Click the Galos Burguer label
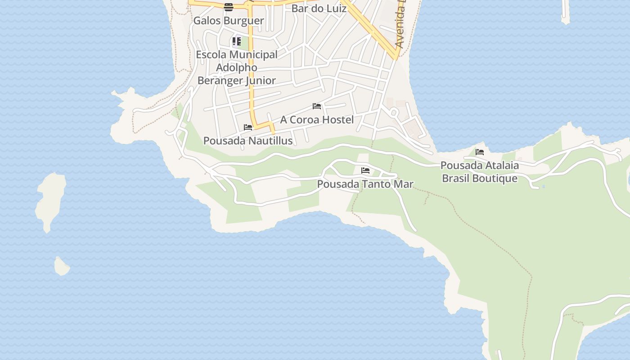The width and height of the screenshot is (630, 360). [x=228, y=21]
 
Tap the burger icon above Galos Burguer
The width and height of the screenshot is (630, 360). [x=229, y=7]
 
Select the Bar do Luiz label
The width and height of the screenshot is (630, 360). [x=319, y=9]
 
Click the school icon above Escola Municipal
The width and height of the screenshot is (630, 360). [x=237, y=41]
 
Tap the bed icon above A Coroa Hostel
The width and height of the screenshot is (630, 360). [x=317, y=106]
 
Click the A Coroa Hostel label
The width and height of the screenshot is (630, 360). [x=317, y=120]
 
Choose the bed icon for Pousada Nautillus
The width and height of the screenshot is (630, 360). [x=248, y=127]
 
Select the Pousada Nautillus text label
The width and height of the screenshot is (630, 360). [x=248, y=141]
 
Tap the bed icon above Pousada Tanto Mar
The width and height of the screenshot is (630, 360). [x=365, y=171]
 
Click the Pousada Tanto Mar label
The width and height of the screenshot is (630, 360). [x=365, y=184]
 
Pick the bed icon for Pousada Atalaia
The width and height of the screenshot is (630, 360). [x=480, y=152]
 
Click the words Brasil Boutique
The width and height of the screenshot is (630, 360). [x=479, y=178]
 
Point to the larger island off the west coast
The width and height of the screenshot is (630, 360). [x=50, y=200]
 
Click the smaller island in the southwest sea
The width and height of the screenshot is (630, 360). [x=62, y=266]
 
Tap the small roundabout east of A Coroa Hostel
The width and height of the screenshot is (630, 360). [x=394, y=112]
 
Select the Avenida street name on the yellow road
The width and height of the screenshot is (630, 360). [x=400, y=27]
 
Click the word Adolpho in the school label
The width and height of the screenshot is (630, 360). [x=236, y=67]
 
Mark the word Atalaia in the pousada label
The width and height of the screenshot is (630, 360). [x=499, y=166]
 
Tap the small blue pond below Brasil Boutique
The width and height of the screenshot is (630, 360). [x=544, y=186]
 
